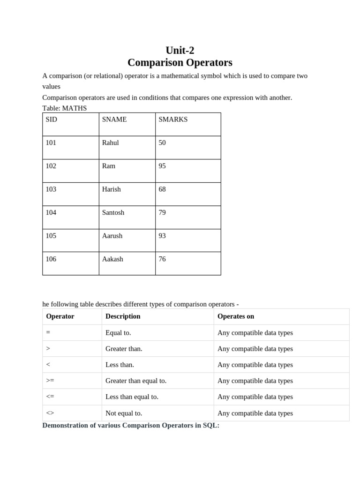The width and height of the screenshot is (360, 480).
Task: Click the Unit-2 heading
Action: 180,50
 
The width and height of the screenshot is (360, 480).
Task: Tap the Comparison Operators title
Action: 180,62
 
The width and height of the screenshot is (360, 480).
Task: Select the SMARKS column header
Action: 173,120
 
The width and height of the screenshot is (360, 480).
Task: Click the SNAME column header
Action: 114,120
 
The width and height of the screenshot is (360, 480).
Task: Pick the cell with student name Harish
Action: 112,189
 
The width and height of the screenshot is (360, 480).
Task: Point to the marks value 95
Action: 162,166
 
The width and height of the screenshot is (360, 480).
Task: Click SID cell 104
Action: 51,212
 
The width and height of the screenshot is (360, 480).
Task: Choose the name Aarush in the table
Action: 112,236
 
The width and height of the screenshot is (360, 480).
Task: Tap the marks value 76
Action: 162,259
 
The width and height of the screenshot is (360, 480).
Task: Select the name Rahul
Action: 111,142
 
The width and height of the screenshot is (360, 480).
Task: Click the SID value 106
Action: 51,259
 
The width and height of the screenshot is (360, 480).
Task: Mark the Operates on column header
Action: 236,316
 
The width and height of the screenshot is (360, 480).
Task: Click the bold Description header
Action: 123,316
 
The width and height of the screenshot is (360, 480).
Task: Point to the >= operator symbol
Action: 51,381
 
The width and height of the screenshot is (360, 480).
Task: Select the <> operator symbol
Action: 50,413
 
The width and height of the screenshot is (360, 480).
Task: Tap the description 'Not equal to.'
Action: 124,413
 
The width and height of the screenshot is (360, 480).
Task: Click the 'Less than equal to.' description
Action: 132,397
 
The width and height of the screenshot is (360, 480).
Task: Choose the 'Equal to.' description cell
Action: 118,333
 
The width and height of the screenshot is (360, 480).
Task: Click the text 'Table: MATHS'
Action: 65,108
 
